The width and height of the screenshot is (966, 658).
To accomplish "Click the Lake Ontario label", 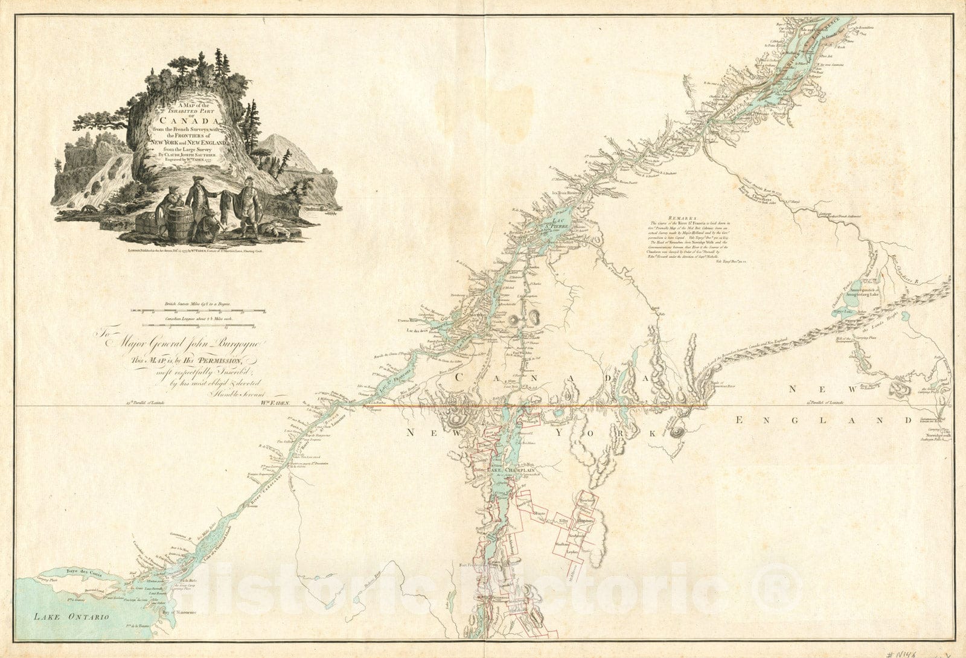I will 71,616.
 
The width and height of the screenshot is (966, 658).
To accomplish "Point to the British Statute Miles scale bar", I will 199,310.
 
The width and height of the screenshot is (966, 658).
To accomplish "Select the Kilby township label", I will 564,519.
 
